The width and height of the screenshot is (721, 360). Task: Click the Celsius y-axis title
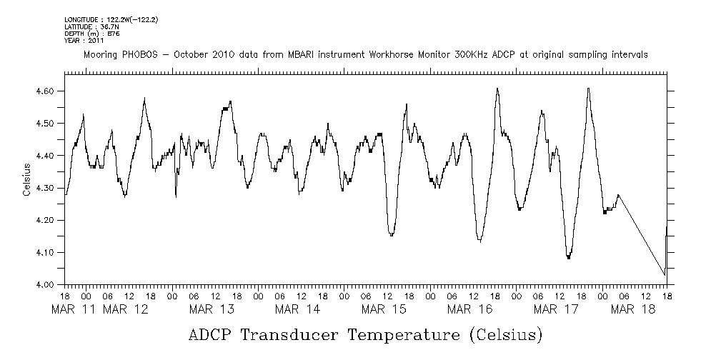point(26,179)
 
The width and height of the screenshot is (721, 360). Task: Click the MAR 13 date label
point(212,309)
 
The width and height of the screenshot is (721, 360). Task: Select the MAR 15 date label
point(383,309)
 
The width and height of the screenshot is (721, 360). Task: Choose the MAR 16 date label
point(469,309)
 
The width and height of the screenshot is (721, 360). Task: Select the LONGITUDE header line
point(111,19)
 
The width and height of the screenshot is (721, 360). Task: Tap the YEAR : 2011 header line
point(84,41)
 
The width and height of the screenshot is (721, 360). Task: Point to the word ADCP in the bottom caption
point(213,335)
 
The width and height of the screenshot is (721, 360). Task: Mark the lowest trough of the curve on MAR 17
point(569,258)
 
